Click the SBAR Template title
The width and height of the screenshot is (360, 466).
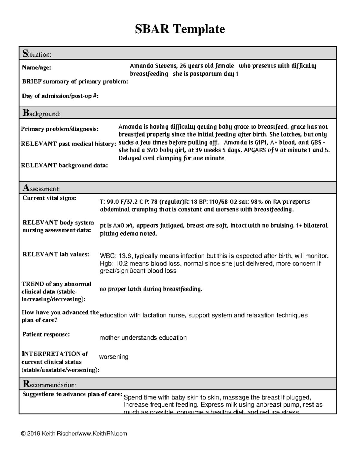pos(180,29)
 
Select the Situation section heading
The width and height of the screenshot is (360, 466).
pos(37,54)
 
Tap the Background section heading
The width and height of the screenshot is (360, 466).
pos(41,113)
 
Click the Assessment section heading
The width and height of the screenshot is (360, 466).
pos(41,188)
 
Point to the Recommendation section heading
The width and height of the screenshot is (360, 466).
pos(49,384)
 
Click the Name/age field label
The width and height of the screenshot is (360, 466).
pos(36,68)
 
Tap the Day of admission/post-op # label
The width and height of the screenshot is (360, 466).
pos(60,96)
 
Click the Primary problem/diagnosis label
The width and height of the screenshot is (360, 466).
pos(59,129)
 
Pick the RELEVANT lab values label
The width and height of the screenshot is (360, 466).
pos(56,254)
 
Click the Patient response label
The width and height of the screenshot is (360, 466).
pos(46,334)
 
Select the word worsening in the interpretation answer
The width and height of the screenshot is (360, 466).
pos(113,357)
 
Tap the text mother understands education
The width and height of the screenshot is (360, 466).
pos(143,338)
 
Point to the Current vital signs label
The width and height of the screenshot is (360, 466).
pos(49,198)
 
